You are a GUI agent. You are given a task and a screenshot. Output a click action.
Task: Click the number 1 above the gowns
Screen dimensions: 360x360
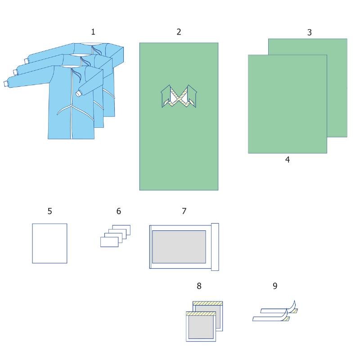(93, 32)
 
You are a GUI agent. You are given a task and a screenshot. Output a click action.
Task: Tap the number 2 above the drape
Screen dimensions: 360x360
(179, 32)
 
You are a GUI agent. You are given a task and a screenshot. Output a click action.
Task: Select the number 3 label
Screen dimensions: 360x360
(310, 32)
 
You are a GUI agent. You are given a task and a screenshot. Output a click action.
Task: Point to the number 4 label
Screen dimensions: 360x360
(288, 160)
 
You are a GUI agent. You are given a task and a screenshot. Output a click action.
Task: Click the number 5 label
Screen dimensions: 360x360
(50, 211)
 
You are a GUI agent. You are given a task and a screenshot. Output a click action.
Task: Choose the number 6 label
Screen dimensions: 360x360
(119, 211)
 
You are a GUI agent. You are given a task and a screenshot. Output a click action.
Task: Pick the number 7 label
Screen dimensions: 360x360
(184, 211)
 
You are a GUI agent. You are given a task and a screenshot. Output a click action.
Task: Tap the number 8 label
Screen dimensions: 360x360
(199, 286)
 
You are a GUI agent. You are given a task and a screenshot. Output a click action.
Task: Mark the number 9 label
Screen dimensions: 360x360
(275, 286)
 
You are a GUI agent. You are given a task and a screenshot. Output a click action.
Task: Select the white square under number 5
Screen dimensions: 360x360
(49, 243)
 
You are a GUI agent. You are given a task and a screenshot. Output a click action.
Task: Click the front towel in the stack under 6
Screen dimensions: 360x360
(109, 242)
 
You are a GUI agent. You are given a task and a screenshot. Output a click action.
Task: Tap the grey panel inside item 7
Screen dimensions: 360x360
(179, 247)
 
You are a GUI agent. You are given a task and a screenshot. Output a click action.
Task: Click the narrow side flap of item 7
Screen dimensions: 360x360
(215, 247)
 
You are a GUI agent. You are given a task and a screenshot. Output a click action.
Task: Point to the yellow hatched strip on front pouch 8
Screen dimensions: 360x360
(201, 314)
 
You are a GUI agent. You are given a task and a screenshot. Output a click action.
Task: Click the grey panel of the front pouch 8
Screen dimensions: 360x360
(201, 327)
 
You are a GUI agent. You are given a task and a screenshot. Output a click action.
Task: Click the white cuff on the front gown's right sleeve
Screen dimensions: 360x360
(79, 93)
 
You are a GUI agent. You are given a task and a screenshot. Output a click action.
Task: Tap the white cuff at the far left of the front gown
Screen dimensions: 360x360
(6, 84)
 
